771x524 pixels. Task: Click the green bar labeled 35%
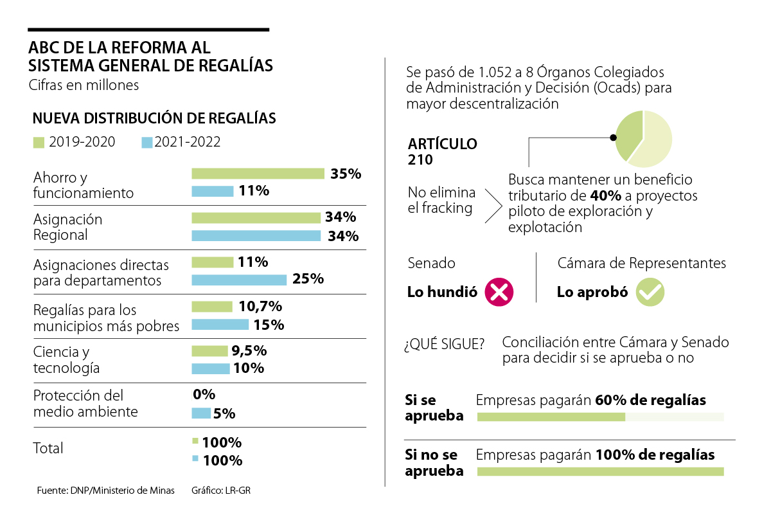point(258,174)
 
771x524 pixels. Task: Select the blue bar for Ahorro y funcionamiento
point(212,191)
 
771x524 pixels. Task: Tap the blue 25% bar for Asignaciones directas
point(239,280)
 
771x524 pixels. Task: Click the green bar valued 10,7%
point(212,307)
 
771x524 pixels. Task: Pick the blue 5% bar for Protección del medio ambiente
point(201,413)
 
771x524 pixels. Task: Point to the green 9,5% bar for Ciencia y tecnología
point(209,351)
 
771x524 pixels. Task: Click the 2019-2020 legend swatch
point(39,142)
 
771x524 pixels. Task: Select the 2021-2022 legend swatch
point(147,142)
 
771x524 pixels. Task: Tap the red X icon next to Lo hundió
point(499,293)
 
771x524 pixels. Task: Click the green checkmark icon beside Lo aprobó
point(650,293)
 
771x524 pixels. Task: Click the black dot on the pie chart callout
point(612,137)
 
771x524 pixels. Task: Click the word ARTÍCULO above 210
point(443,143)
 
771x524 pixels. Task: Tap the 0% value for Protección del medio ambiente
point(204,394)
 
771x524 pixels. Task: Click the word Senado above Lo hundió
point(431,263)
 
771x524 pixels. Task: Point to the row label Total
point(48,448)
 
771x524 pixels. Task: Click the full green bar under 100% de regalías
point(600,471)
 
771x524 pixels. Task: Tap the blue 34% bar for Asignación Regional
point(256,235)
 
